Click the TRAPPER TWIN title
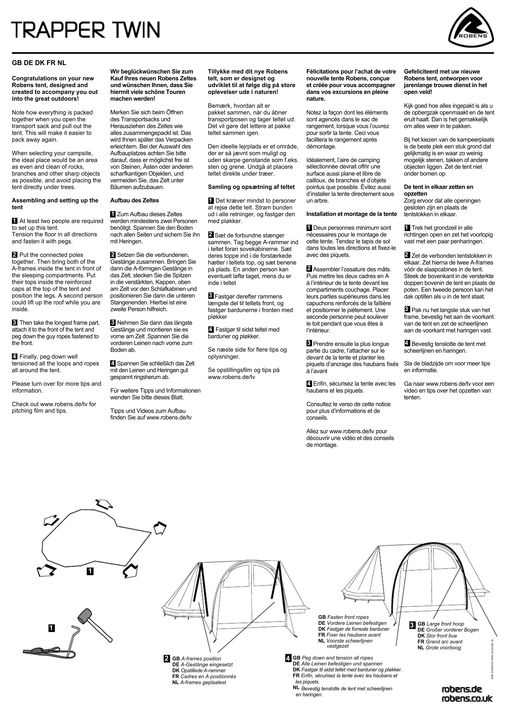pyautogui.click(x=86, y=30)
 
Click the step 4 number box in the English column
pyautogui.click(x=15, y=357)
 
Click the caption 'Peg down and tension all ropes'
pyautogui.click(x=337, y=658)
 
